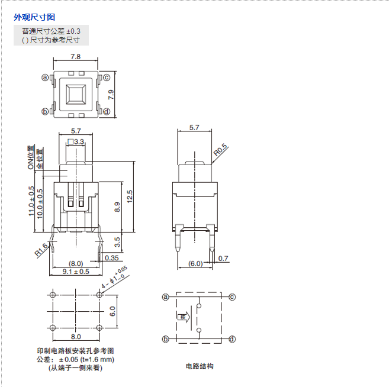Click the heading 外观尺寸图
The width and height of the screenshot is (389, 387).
tap(34, 17)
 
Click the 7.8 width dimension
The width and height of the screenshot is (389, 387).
tap(76, 57)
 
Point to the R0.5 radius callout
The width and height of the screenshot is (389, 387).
tap(220, 150)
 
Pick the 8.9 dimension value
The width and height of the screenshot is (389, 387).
tap(117, 207)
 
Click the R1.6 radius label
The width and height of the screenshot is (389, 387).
tap(41, 251)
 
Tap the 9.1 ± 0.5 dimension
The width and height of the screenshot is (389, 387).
tap(76, 272)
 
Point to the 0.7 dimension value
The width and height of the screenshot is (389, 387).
tap(223, 258)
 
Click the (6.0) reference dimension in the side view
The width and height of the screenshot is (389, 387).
tap(195, 263)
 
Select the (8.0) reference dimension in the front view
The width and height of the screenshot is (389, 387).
tap(76, 263)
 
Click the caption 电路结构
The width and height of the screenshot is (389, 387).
tap(199, 366)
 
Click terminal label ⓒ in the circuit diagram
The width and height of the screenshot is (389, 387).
tap(232, 297)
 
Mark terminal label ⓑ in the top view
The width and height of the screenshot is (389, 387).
tap(44, 111)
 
